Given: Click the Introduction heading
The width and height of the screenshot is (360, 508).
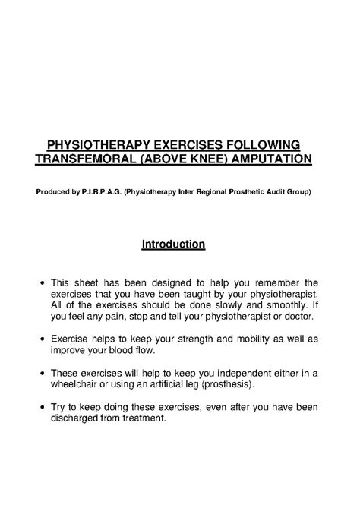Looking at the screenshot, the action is (x=174, y=245).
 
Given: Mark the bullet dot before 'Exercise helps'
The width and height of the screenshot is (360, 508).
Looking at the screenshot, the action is (x=41, y=340).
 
